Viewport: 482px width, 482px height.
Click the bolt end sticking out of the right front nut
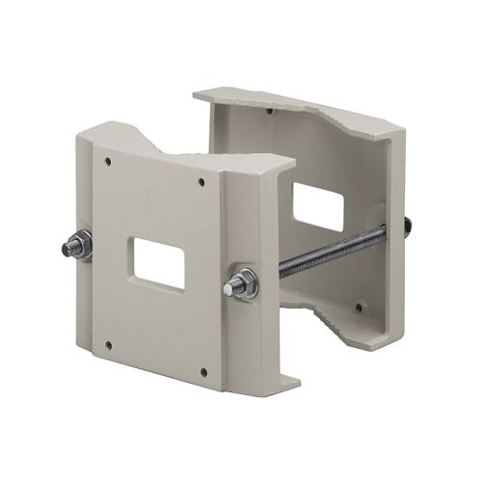pos(229,286)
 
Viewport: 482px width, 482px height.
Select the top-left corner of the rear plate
pos(197,94)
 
